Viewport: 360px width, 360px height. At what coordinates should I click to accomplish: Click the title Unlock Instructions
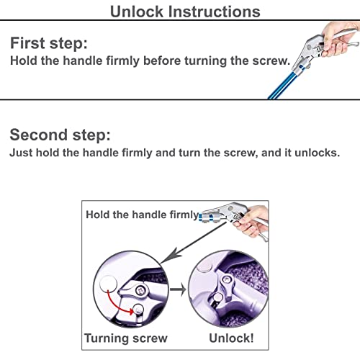(x=185, y=12)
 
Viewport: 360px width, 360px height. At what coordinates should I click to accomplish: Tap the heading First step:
(x=49, y=43)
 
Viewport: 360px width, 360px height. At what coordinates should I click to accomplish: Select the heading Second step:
(x=60, y=135)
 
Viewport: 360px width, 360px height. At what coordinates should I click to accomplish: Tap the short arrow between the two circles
(x=178, y=289)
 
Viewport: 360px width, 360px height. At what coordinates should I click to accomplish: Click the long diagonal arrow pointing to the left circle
(x=194, y=243)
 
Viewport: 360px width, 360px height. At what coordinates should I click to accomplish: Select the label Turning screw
(x=126, y=338)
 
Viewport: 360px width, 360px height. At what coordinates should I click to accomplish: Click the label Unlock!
(x=231, y=338)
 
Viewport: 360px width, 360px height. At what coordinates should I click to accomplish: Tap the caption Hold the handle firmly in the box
(x=143, y=215)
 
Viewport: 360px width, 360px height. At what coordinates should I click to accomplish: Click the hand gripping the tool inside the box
(x=251, y=221)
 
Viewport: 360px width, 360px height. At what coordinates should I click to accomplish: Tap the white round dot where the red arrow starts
(x=108, y=284)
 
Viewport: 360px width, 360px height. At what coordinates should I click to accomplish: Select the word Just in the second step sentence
(x=21, y=153)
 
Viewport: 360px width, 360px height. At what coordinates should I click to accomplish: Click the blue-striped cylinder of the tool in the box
(x=207, y=217)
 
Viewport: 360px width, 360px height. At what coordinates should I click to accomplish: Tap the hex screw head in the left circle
(x=140, y=291)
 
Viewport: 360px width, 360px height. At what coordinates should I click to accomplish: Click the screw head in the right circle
(x=226, y=279)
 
